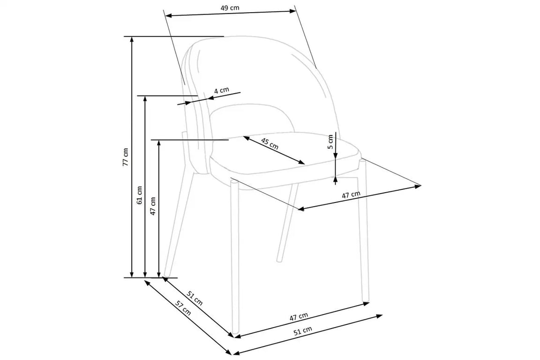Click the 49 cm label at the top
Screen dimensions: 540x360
tap(230, 7)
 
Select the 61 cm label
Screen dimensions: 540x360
tap(140, 195)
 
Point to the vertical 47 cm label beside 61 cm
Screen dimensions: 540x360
tap(153, 206)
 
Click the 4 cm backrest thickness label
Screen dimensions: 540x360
tap(221, 90)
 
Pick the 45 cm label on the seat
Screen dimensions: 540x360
tap(270, 143)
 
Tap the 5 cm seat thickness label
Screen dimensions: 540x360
tap(330, 142)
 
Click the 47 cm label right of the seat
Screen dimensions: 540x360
tap(351, 195)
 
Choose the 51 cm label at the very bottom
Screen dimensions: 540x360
tap(303, 331)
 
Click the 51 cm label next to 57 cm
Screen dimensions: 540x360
tap(195, 298)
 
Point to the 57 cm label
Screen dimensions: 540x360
tap(183, 307)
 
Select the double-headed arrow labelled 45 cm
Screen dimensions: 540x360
tap(274, 150)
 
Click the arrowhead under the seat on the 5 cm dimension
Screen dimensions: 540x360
tap(336, 179)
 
